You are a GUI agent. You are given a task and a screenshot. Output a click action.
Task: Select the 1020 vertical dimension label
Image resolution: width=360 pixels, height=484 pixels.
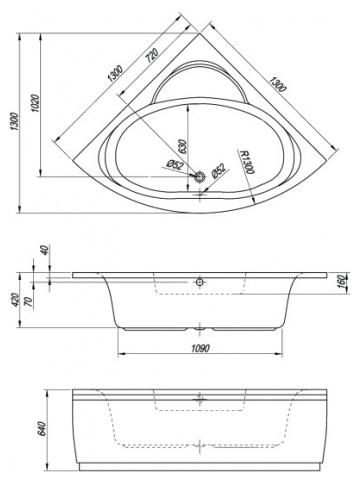pyautogui.click(x=36, y=103)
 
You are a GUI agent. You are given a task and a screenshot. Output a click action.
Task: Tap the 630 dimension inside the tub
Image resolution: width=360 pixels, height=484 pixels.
pyautogui.click(x=183, y=146)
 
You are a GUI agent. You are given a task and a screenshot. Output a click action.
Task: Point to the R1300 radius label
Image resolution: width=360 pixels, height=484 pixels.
pyautogui.click(x=247, y=162)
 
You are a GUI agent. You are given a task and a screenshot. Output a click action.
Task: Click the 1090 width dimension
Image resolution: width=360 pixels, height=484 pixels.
pyautogui.click(x=200, y=348)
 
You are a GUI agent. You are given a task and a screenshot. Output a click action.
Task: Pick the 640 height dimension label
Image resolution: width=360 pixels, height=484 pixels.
pyautogui.click(x=42, y=428)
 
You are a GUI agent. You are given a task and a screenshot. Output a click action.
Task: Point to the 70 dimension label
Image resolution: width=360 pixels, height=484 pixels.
pyautogui.click(x=29, y=301)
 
